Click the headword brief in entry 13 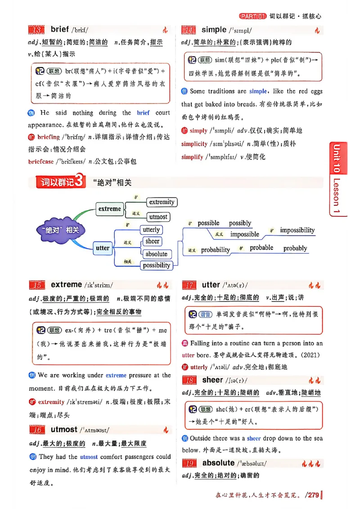tap(59, 29)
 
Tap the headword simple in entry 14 tap(214, 30)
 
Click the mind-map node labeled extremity tap(162, 202)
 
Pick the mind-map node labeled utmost tap(158, 216)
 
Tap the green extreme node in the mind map tap(110, 209)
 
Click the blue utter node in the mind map tap(103, 248)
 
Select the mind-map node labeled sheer tap(152, 241)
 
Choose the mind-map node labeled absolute tap(156, 254)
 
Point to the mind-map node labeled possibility tap(156, 265)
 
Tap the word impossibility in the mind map tap(297, 230)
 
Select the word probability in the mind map tap(215, 250)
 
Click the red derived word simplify tap(192, 157)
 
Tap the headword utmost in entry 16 tap(64, 429)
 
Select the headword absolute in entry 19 tap(218, 463)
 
